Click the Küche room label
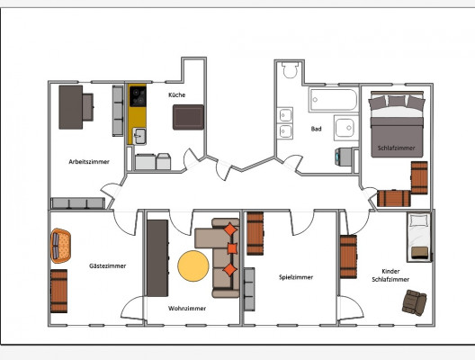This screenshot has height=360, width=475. pyautogui.click(x=177, y=94)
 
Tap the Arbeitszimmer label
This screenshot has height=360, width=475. pyautogui.click(x=89, y=162)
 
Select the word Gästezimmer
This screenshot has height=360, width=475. pyautogui.click(x=108, y=265)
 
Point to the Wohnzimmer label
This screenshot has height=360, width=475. pyautogui.click(x=187, y=308)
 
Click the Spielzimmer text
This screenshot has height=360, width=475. pyautogui.click(x=296, y=277)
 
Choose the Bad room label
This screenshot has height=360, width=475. pyautogui.click(x=317, y=129)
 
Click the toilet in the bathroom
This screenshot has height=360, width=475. pyautogui.click(x=290, y=70)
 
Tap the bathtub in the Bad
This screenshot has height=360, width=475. pyautogui.click(x=333, y=99)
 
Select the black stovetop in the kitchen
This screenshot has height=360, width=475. pyautogui.click(x=138, y=96)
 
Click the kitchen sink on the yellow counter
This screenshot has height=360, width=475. pyautogui.click(x=139, y=136)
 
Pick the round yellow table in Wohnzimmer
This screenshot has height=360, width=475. pyautogui.click(x=193, y=265)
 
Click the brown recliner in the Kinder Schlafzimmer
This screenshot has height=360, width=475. pyautogui.click(x=415, y=302)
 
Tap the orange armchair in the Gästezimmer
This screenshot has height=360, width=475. pyautogui.click(x=60, y=246)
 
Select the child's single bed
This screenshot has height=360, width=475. pyautogui.click(x=419, y=237)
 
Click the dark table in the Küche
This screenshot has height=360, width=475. pyautogui.click(x=188, y=117)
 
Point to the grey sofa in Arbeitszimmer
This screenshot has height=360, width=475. pyautogui.click(x=78, y=203)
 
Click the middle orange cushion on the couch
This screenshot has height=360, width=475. pyautogui.click(x=232, y=248)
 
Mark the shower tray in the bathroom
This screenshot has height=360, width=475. pyautogui.click(x=346, y=128)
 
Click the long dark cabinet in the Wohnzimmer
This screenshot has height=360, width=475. pyautogui.click(x=157, y=258)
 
